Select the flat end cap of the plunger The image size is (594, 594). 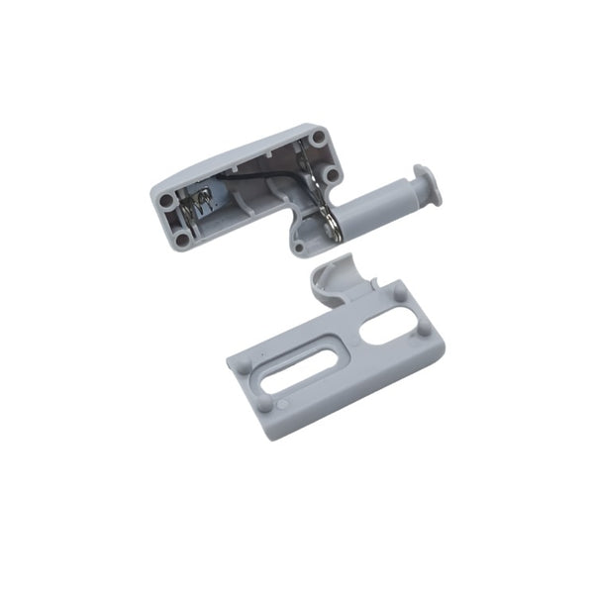[427, 185]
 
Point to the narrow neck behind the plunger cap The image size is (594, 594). [414, 190]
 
